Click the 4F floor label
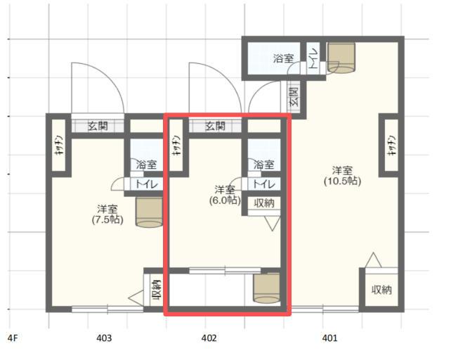pyautogui.click(x=12, y=338)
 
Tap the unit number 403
pyautogui.click(x=104, y=338)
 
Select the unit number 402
pyautogui.click(x=208, y=338)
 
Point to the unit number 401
pyautogui.click(x=329, y=338)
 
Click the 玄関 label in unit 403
pyautogui.click(x=98, y=127)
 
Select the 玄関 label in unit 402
pyautogui.click(x=216, y=127)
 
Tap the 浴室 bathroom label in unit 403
pyautogui.click(x=146, y=165)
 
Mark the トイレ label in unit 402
pyautogui.click(x=263, y=184)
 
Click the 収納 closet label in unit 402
pyautogui.click(x=263, y=203)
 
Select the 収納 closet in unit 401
pyautogui.click(x=381, y=289)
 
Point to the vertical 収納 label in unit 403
pyautogui.click(x=156, y=289)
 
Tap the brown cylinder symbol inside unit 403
pyautogui.click(x=148, y=212)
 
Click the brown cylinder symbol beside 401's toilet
pyautogui.click(x=343, y=56)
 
